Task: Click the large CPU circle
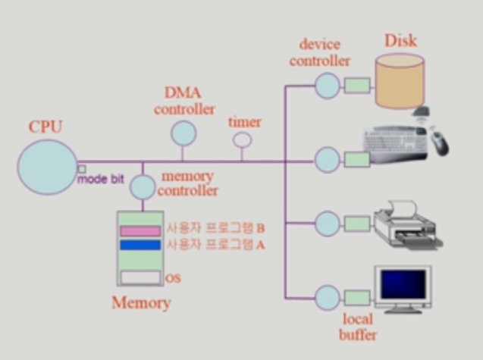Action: coord(46,167)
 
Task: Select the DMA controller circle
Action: coord(183,133)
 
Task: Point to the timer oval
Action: coord(242,140)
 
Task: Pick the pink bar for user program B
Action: coord(140,230)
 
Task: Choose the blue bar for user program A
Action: coord(140,245)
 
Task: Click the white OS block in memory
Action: coord(140,278)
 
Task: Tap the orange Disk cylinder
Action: coord(399,80)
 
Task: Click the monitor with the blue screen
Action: coord(402,288)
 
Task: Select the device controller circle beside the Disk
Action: coord(327,84)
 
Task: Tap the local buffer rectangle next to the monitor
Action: coord(356,296)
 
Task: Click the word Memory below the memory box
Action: coord(140,304)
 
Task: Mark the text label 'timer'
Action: coord(244,122)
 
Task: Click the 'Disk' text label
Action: coord(400,39)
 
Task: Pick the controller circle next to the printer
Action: coord(327,224)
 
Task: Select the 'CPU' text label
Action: coord(45,126)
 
